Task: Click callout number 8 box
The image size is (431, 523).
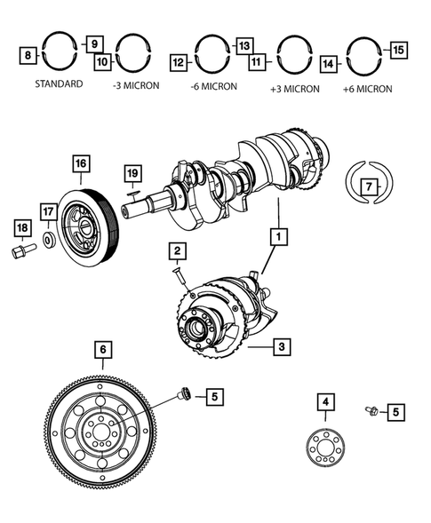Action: pos(28,56)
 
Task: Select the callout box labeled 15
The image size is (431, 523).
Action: pos(398,51)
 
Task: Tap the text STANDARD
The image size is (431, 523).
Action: pos(60,85)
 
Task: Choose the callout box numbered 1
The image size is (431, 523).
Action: pos(280,237)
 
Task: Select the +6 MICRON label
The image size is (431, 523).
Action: pos(367,90)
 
